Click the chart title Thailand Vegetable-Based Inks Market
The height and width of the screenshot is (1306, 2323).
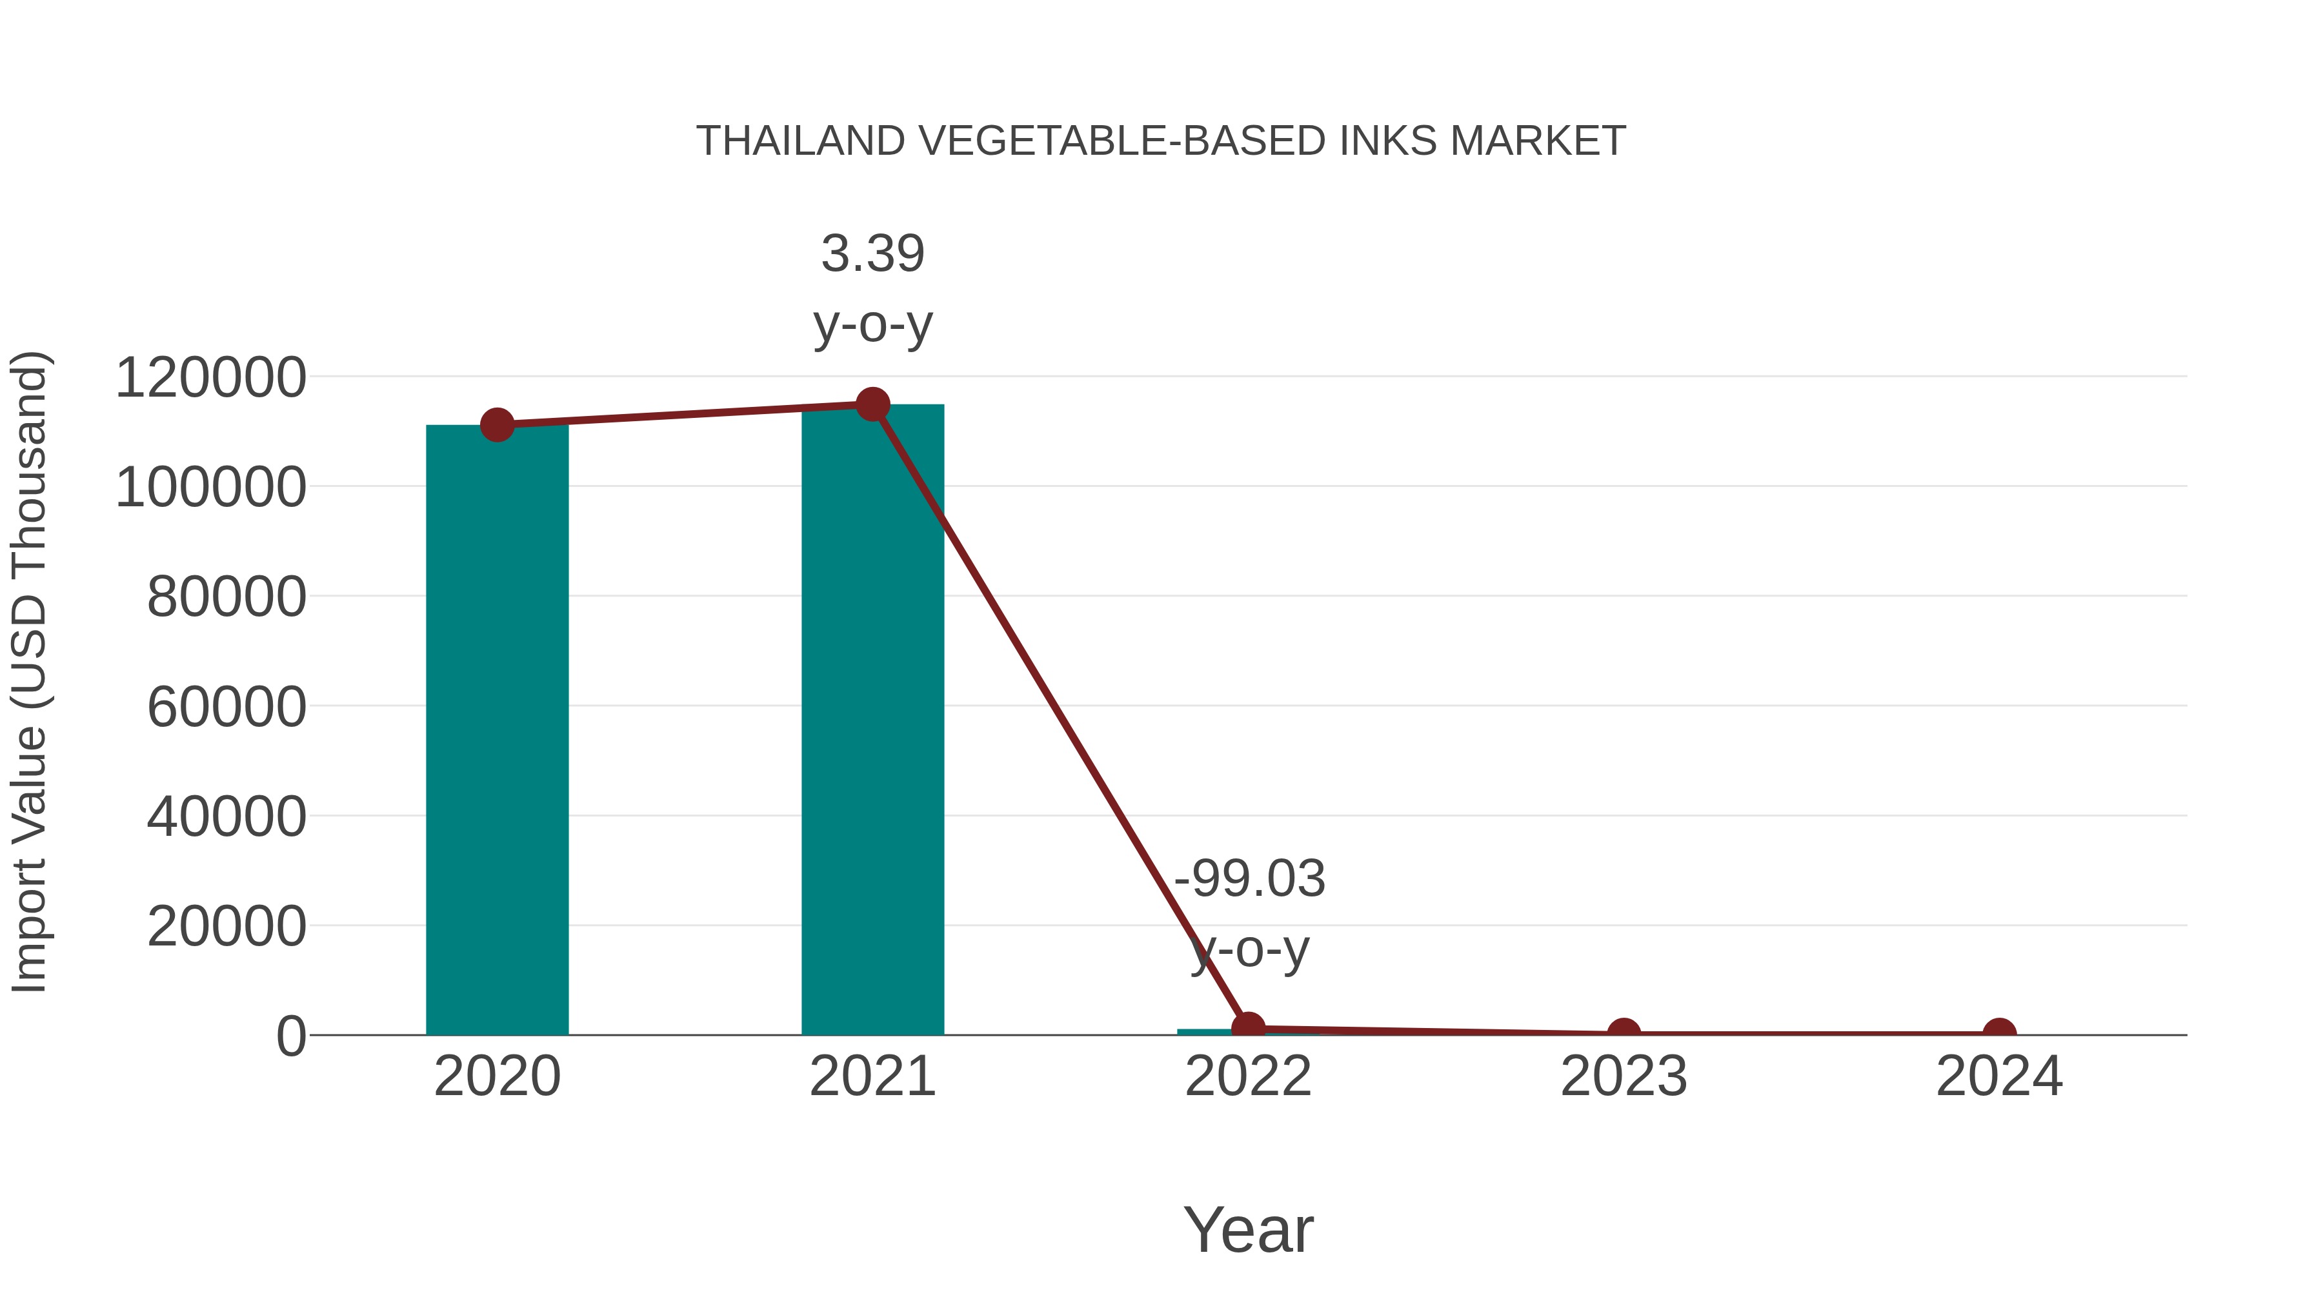pos(1161,141)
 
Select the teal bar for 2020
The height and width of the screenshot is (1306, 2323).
pos(497,730)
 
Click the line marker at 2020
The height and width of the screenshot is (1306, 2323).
pos(497,424)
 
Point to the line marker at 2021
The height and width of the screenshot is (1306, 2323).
pos(872,404)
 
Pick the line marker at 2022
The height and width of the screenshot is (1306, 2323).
pos(1248,1027)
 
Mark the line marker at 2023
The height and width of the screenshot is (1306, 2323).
pos(1624,1033)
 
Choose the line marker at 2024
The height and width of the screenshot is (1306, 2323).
pos(1999,1033)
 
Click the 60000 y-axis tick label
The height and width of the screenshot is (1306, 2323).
pos(226,707)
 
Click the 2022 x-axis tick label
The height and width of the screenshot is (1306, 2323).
pos(1248,1076)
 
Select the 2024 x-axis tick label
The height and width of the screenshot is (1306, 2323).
pos(1999,1076)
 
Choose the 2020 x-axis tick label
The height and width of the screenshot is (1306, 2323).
pos(497,1076)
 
